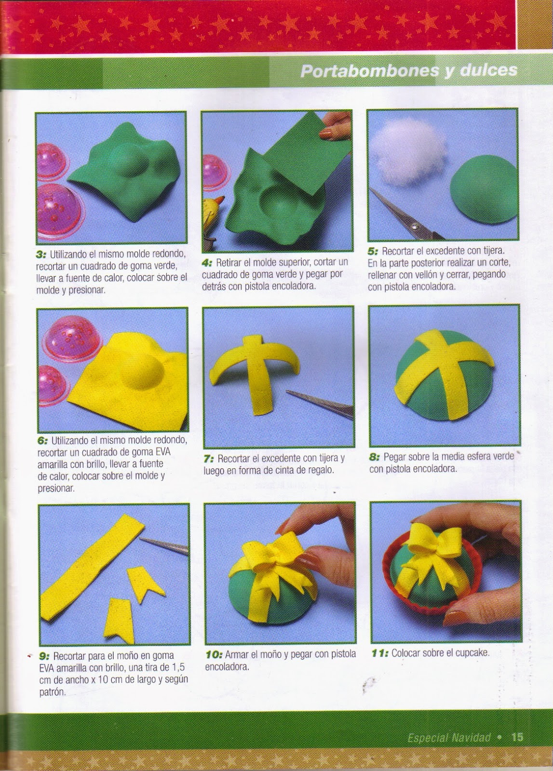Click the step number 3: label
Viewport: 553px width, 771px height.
point(41,254)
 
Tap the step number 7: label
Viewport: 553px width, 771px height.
point(208,458)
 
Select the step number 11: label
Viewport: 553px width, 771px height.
point(379,652)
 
